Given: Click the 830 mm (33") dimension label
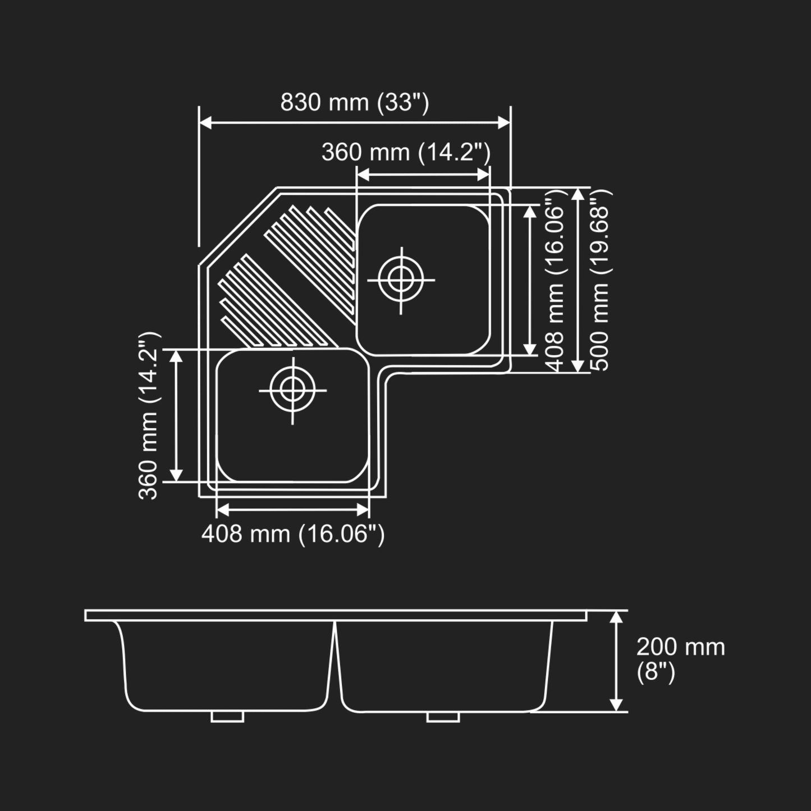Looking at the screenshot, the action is click(x=354, y=103).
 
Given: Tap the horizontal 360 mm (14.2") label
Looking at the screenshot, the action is click(x=406, y=152).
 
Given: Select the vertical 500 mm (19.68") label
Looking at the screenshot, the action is click(x=601, y=280).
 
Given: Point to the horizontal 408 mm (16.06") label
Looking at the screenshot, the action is click(x=293, y=534).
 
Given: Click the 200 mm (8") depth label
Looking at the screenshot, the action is click(x=681, y=659).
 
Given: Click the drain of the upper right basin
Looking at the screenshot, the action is click(x=401, y=280).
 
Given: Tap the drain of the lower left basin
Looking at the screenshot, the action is click(x=292, y=391).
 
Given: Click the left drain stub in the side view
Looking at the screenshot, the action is click(x=227, y=717).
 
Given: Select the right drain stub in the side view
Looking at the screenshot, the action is click(x=443, y=717).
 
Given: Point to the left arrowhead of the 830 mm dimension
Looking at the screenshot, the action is click(x=205, y=123).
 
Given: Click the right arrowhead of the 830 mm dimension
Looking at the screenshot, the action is click(x=504, y=123).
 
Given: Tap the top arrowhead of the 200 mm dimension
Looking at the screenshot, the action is click(x=616, y=617).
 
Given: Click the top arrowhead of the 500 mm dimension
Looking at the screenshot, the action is click(x=578, y=194).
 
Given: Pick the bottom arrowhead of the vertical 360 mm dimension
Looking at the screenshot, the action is click(x=176, y=475).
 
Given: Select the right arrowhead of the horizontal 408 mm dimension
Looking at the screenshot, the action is click(x=363, y=510).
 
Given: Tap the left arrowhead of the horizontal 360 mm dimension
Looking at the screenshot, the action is click(x=363, y=175).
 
